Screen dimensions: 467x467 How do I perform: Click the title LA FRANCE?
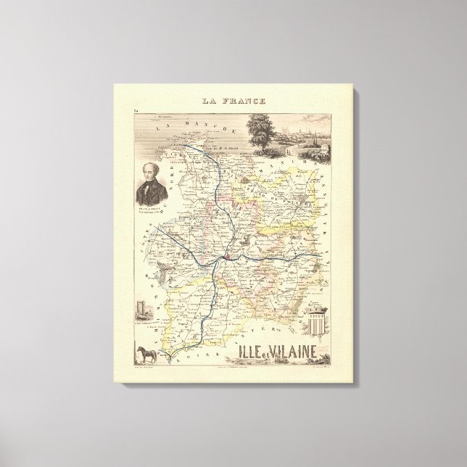pos(233,102)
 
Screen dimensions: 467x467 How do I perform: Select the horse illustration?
pos(144,354)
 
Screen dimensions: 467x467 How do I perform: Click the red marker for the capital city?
pos(226,256)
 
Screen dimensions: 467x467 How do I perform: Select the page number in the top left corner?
pos(136,109)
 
